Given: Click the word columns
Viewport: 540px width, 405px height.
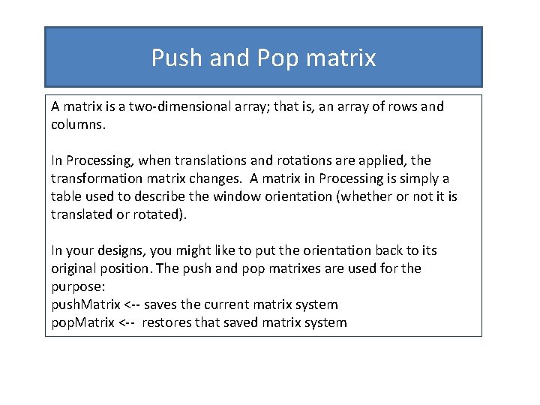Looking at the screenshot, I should click(x=79, y=124).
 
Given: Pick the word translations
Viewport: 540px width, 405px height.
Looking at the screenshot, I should click(x=199, y=160).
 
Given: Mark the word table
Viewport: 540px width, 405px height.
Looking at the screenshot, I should click(x=66, y=196).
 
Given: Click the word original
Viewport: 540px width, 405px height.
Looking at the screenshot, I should click(x=76, y=268).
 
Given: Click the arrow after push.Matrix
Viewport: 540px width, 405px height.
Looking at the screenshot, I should click(x=130, y=304).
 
